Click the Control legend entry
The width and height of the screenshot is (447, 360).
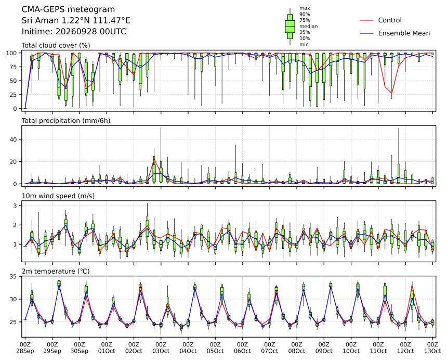(x=389, y=20)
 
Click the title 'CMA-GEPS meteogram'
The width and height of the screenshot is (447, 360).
(x=69, y=10)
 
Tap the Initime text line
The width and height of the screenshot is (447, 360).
(x=74, y=31)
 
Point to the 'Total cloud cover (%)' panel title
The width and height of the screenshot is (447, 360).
(x=56, y=45)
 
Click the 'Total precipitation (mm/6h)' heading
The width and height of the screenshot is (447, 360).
(x=66, y=121)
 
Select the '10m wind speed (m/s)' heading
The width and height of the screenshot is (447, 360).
(x=58, y=196)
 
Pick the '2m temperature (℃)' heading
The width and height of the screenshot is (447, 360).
(x=56, y=271)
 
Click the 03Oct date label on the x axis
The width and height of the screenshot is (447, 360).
(x=161, y=351)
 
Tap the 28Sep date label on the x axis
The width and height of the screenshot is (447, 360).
(x=25, y=351)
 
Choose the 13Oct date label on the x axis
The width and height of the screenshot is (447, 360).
(x=432, y=351)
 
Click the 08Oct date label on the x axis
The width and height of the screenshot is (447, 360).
(x=296, y=351)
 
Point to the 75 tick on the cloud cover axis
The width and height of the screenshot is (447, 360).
(x=14, y=67)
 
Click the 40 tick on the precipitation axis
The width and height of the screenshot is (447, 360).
(x=14, y=139)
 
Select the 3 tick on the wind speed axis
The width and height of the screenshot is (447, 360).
(x=16, y=205)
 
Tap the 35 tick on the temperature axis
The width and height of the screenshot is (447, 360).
(x=14, y=276)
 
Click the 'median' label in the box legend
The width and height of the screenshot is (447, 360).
(x=308, y=26)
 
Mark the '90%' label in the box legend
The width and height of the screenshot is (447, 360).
(x=305, y=14)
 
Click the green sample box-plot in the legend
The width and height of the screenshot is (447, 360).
(x=290, y=27)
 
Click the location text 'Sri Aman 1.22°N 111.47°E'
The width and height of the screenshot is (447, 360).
(x=76, y=20)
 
